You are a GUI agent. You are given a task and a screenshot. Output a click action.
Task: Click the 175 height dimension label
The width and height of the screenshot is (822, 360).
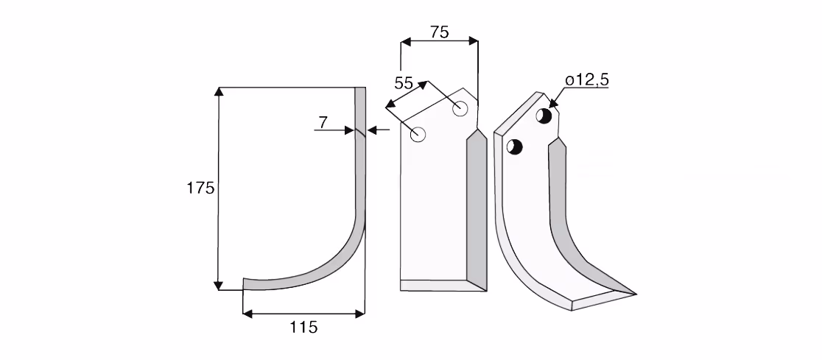(x=201, y=188)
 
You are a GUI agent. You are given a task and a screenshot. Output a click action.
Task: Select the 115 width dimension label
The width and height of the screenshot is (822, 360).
(x=303, y=328)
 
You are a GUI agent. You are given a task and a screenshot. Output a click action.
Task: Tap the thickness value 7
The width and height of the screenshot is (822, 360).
(x=323, y=123)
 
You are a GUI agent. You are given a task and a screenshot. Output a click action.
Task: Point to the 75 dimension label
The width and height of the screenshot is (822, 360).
(x=439, y=32)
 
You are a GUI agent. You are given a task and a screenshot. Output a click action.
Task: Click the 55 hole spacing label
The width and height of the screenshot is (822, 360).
(x=404, y=83)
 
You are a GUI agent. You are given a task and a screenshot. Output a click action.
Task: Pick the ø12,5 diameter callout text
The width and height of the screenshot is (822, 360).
(x=587, y=80)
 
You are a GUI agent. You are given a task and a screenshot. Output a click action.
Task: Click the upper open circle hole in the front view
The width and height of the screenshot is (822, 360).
(x=460, y=108)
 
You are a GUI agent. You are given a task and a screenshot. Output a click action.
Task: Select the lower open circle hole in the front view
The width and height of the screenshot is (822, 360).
(x=418, y=135)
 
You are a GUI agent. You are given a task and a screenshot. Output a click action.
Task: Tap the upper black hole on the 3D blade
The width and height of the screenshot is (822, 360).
(x=544, y=116)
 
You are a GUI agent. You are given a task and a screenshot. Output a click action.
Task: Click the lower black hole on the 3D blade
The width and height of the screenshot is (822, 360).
(x=515, y=147)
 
